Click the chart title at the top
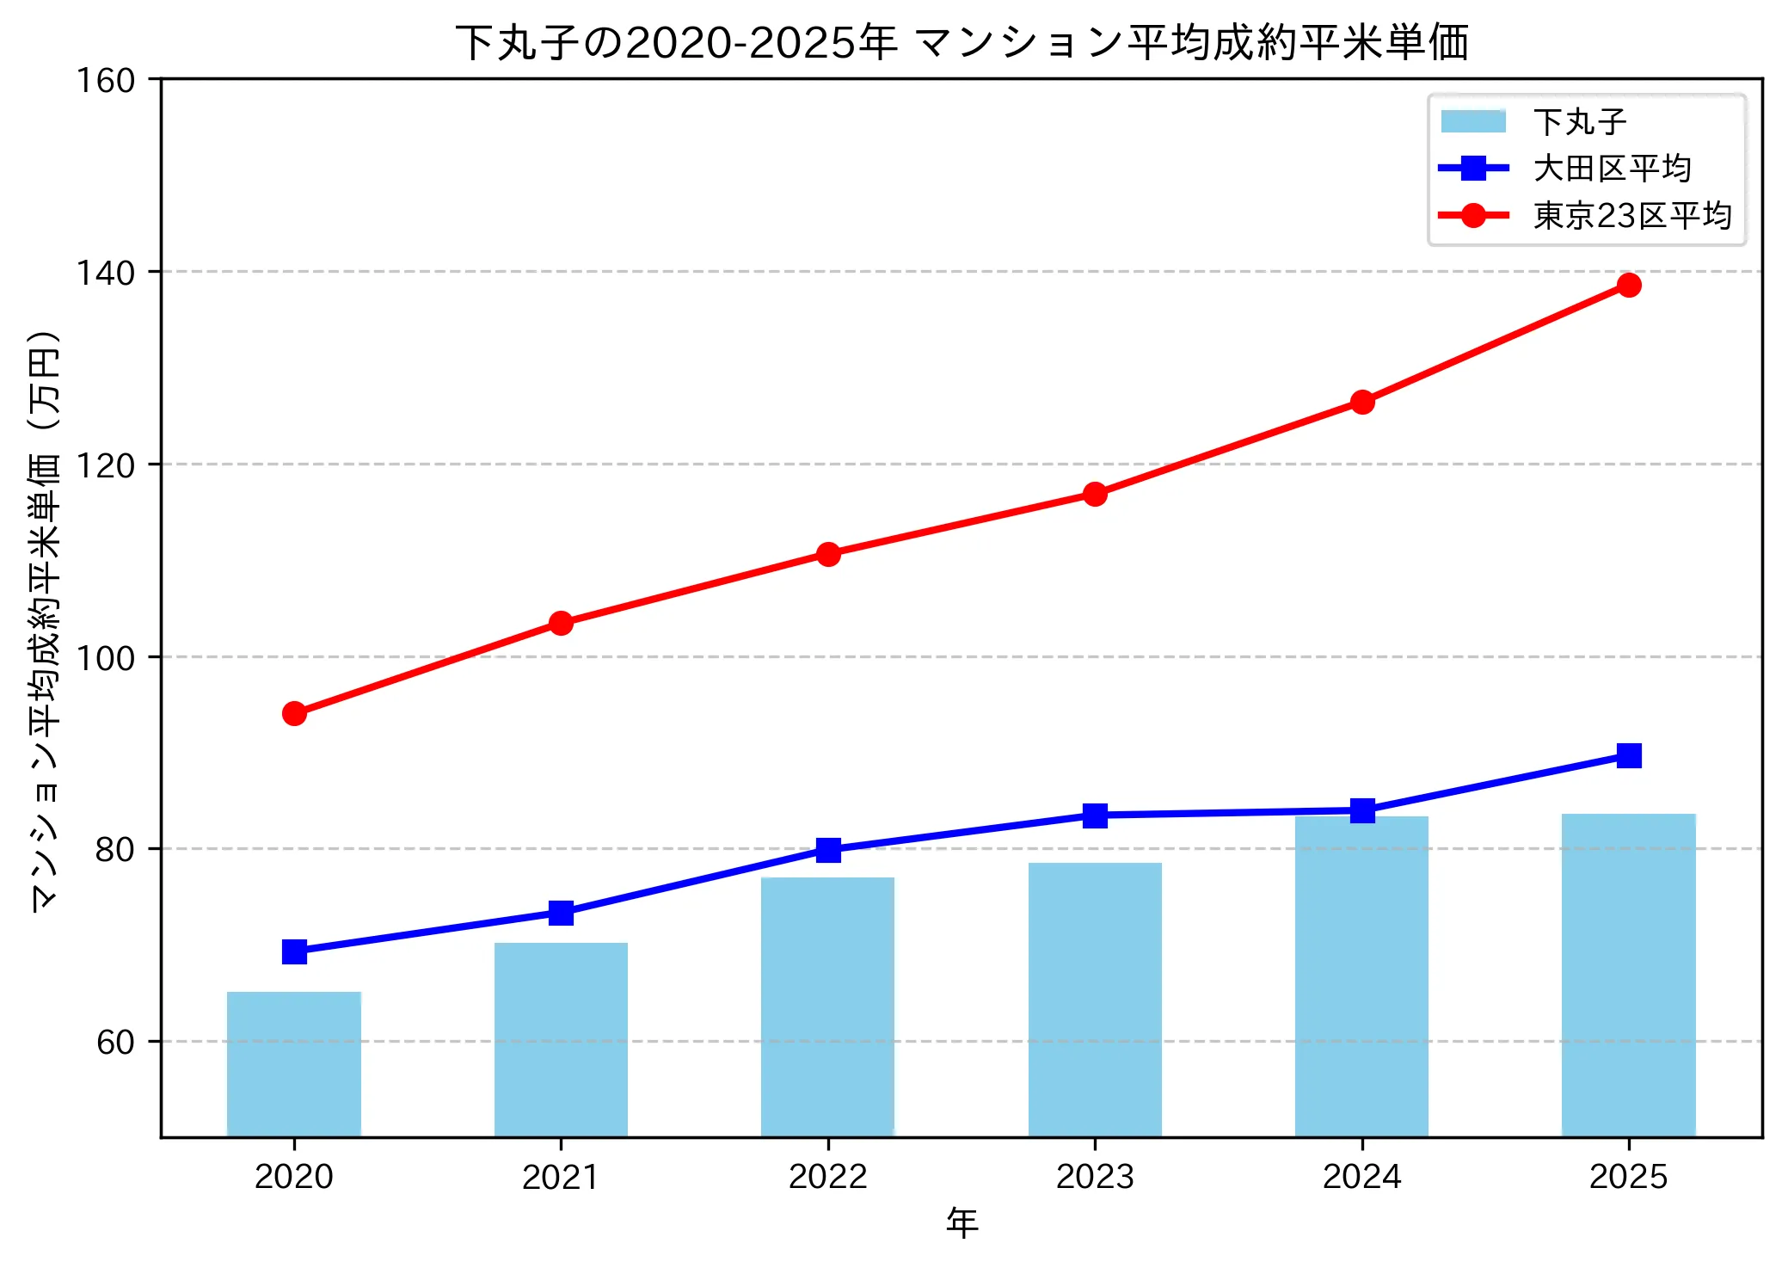pyautogui.click(x=962, y=43)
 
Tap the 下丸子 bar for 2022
pyautogui.click(x=827, y=1006)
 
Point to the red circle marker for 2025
pyautogui.click(x=1628, y=285)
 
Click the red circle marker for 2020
pyautogui.click(x=294, y=713)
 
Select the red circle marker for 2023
pyautogui.click(x=1095, y=494)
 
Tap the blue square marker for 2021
pyautogui.click(x=561, y=913)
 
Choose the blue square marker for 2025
pyautogui.click(x=1628, y=755)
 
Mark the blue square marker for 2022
pyautogui.click(x=827, y=850)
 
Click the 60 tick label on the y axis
pyautogui.click(x=115, y=1042)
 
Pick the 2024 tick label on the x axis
pyautogui.click(x=1361, y=1177)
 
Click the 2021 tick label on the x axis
pyautogui.click(x=561, y=1177)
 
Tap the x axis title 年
pyautogui.click(x=962, y=1222)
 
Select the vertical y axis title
pyautogui.click(x=45, y=619)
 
